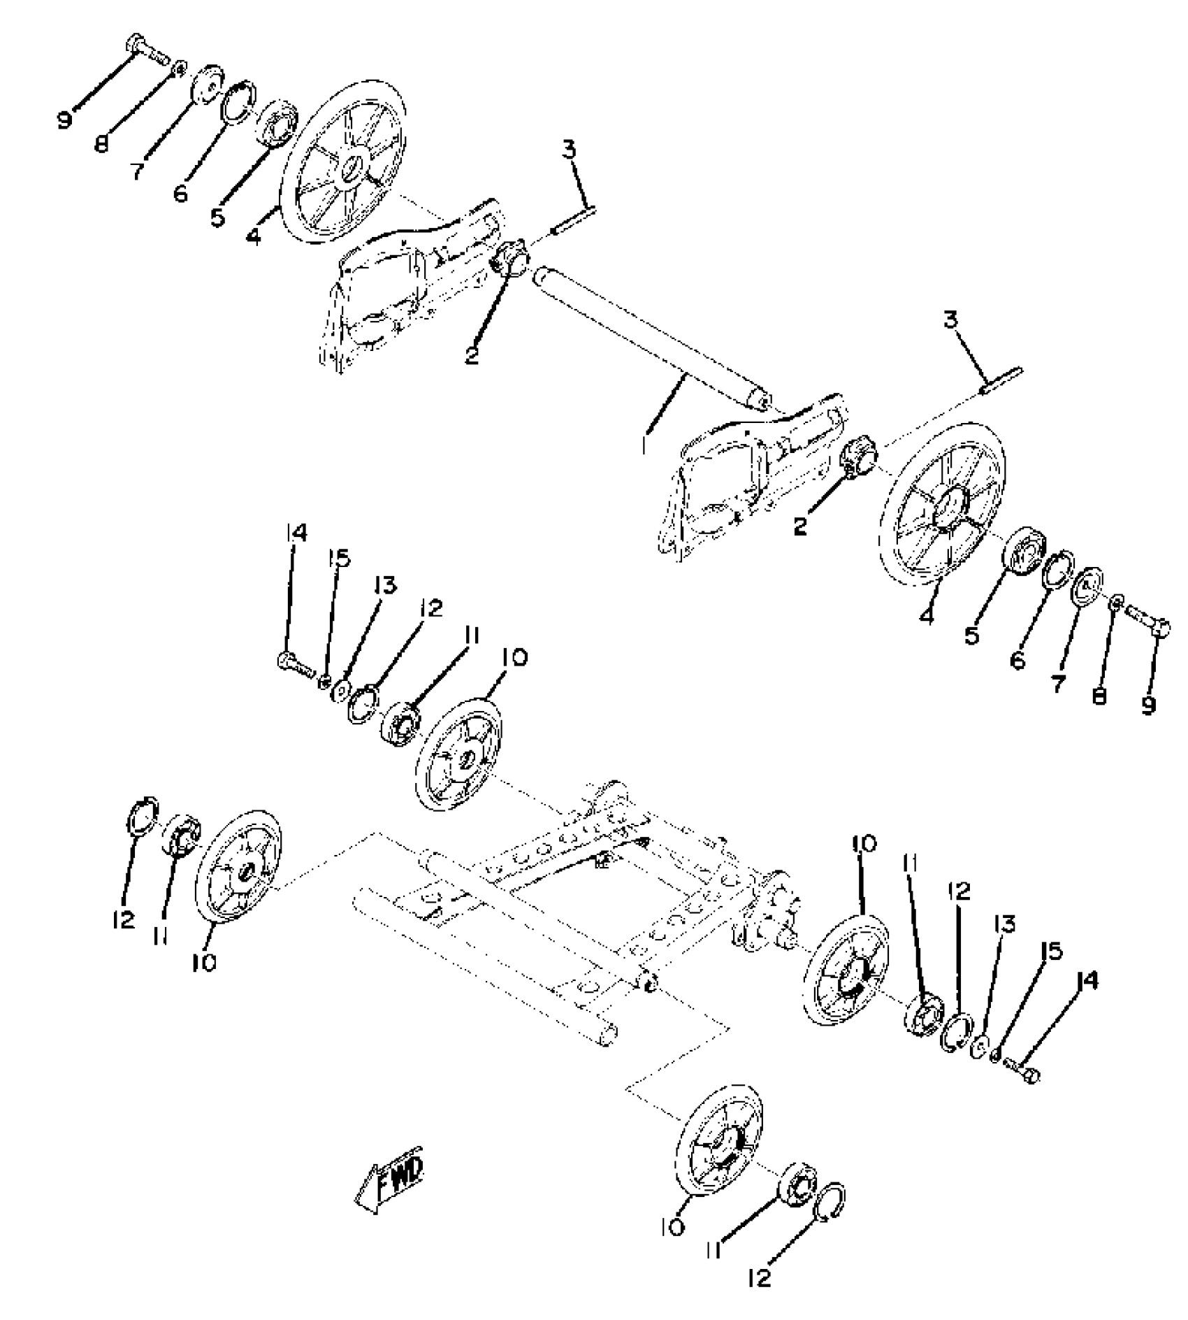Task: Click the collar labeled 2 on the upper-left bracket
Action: [x=510, y=260]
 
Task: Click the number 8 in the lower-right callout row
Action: [x=1099, y=696]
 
